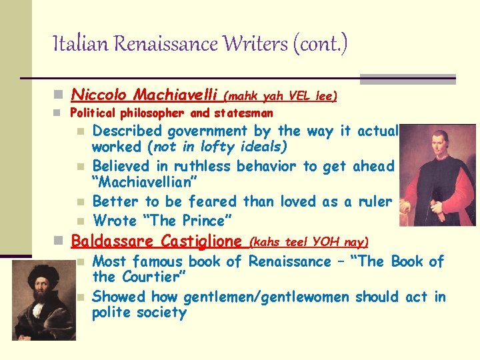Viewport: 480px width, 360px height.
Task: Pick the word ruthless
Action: pyautogui.click(x=198, y=167)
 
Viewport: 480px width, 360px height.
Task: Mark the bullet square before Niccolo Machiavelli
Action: pyautogui.click(x=60, y=95)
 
